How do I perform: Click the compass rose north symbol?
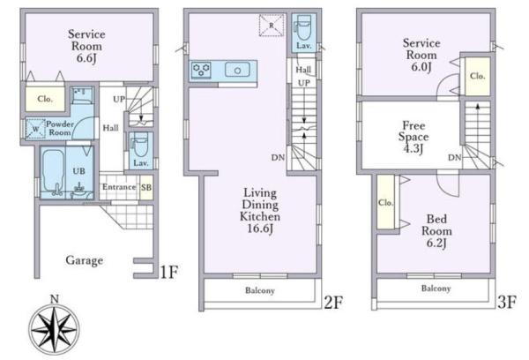pos(54,326)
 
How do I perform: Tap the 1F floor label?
pos(168,272)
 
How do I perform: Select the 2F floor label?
pos(333,303)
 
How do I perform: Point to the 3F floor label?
pos(506,302)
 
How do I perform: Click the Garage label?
pos(85,260)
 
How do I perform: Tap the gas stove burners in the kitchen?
pos(201,71)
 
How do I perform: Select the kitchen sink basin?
pos(237,70)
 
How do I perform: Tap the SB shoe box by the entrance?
pos(146,187)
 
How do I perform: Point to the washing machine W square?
pos(35,129)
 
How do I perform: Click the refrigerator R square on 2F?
pos(272,26)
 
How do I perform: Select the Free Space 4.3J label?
pos(414,137)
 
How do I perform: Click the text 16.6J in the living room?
pos(260,229)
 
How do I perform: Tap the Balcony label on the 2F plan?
pos(260,290)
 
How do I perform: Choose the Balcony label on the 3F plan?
pos(436,289)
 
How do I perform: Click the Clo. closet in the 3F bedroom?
pos(385,203)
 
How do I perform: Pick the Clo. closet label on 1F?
pos(45,99)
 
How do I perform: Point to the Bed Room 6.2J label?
pos(436,231)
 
